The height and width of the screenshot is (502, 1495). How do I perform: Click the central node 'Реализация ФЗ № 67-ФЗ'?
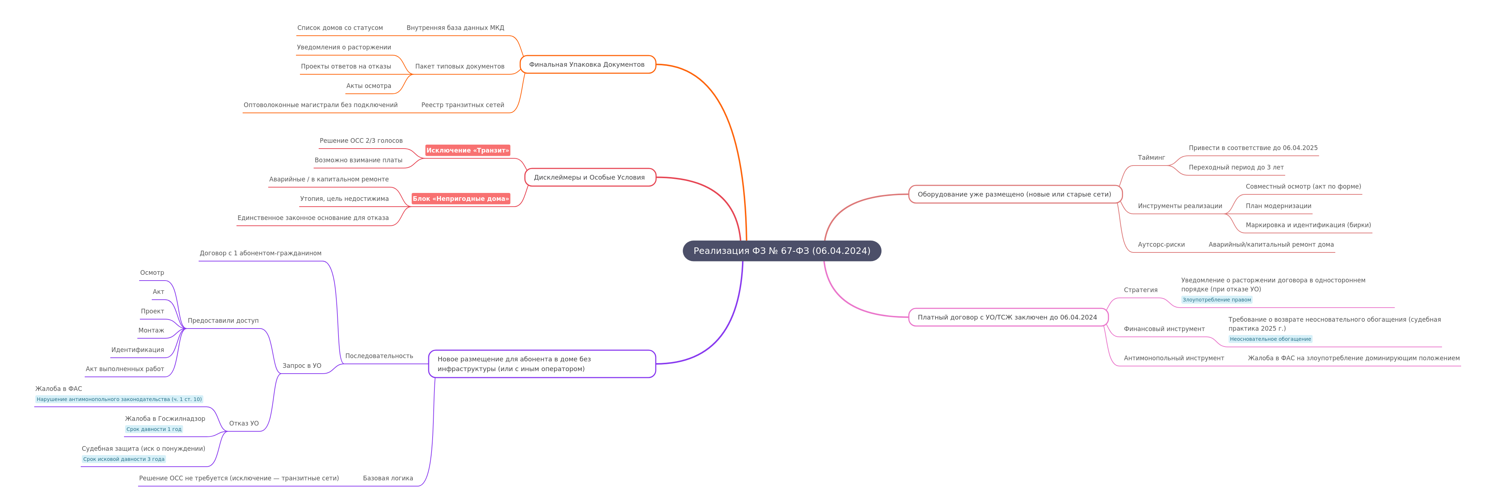click(782, 251)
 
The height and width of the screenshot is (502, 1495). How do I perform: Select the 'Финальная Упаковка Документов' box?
click(587, 65)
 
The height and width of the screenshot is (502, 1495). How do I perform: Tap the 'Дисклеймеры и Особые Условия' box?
click(590, 177)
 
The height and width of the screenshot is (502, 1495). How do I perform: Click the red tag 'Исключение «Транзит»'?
click(468, 150)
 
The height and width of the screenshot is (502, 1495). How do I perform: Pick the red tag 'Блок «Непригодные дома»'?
click(461, 198)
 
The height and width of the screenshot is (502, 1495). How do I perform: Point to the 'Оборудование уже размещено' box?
click(1015, 194)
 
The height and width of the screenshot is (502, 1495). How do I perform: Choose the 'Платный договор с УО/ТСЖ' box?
click(1008, 317)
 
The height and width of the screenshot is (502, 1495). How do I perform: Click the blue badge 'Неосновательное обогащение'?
click(1270, 339)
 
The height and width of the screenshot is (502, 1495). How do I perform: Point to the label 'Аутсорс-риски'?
click(1161, 244)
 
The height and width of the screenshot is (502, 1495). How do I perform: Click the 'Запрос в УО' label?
click(302, 366)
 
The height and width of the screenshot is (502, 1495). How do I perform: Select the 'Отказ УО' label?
click(244, 424)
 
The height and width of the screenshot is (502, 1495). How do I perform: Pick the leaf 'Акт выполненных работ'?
click(125, 369)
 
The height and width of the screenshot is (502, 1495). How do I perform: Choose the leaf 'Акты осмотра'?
click(368, 86)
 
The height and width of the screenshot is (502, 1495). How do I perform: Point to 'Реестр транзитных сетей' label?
click(463, 105)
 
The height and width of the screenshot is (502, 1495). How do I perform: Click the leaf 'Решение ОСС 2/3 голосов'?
click(361, 140)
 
